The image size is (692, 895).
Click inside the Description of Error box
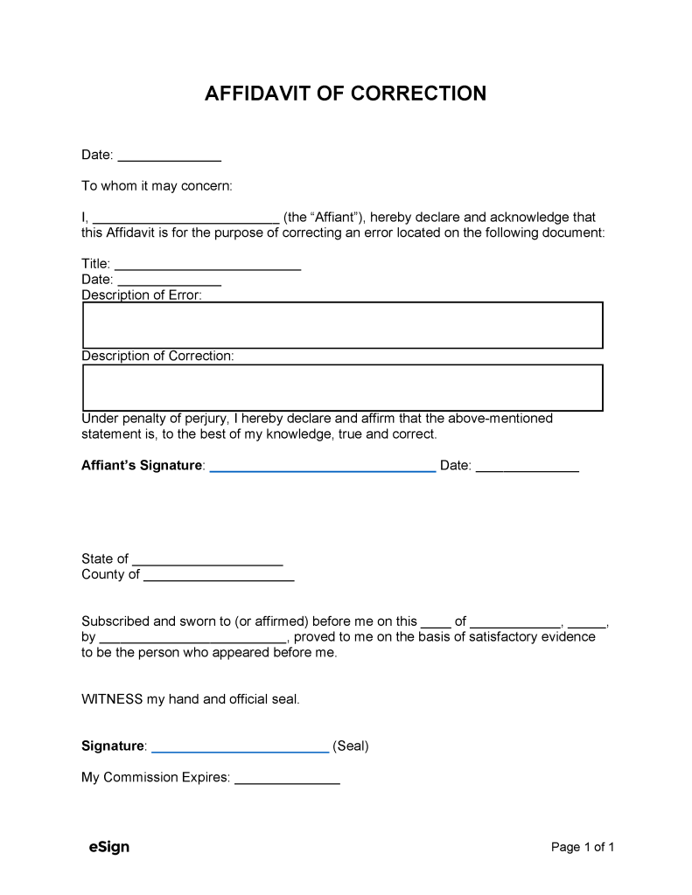342,325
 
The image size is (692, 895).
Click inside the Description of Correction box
342,387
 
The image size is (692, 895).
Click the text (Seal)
351,746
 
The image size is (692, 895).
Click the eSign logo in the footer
108,847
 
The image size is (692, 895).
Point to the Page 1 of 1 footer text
583,847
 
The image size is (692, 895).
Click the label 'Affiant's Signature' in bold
142,466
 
